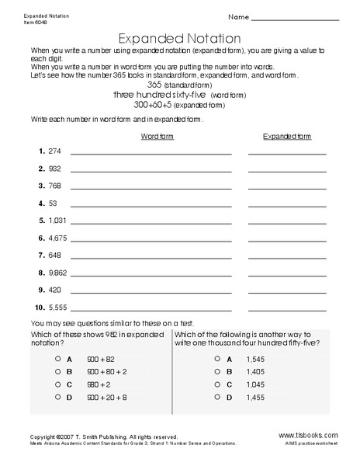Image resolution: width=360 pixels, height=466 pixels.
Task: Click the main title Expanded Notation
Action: [178, 37]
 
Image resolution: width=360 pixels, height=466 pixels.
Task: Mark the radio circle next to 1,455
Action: [216, 397]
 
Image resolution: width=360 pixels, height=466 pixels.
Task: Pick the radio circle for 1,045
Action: [216, 384]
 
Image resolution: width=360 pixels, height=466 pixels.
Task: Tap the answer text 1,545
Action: [255, 360]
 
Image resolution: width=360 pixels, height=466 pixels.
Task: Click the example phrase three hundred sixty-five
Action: [159, 93]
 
